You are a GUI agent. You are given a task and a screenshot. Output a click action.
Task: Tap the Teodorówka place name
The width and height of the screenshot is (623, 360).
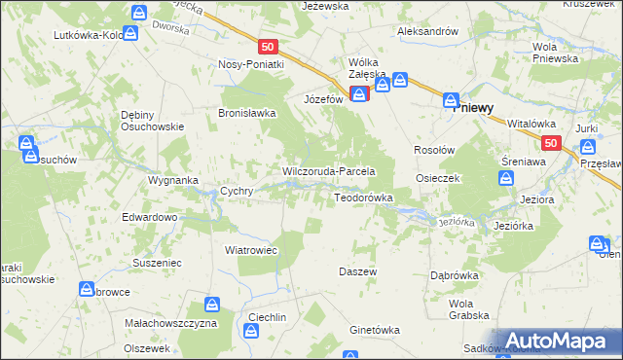point(363,198)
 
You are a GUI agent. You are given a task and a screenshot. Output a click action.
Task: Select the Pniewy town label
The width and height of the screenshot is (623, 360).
point(478,109)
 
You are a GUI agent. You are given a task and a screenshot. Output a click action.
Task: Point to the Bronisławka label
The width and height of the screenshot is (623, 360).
point(247,113)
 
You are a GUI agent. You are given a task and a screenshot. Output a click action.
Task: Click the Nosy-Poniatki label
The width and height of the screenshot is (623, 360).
point(251,64)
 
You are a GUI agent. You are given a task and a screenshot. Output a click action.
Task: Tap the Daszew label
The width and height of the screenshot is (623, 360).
point(357,271)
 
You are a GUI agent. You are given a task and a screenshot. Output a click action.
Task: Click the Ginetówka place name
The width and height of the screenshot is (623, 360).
point(374,330)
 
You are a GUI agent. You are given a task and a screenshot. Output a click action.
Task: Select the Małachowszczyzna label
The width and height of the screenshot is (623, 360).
point(170,322)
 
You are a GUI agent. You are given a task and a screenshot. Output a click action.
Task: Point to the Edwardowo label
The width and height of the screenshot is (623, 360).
point(149,217)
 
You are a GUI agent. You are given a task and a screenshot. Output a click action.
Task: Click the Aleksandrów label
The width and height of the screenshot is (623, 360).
point(427,31)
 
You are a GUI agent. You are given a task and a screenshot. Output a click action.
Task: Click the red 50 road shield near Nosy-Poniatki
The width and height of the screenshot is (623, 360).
point(270,47)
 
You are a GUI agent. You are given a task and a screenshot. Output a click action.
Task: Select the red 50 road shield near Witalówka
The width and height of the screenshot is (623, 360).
point(551,143)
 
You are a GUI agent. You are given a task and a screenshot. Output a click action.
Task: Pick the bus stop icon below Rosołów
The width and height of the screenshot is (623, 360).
point(505,178)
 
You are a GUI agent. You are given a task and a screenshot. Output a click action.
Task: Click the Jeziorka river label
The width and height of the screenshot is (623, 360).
point(456,222)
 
